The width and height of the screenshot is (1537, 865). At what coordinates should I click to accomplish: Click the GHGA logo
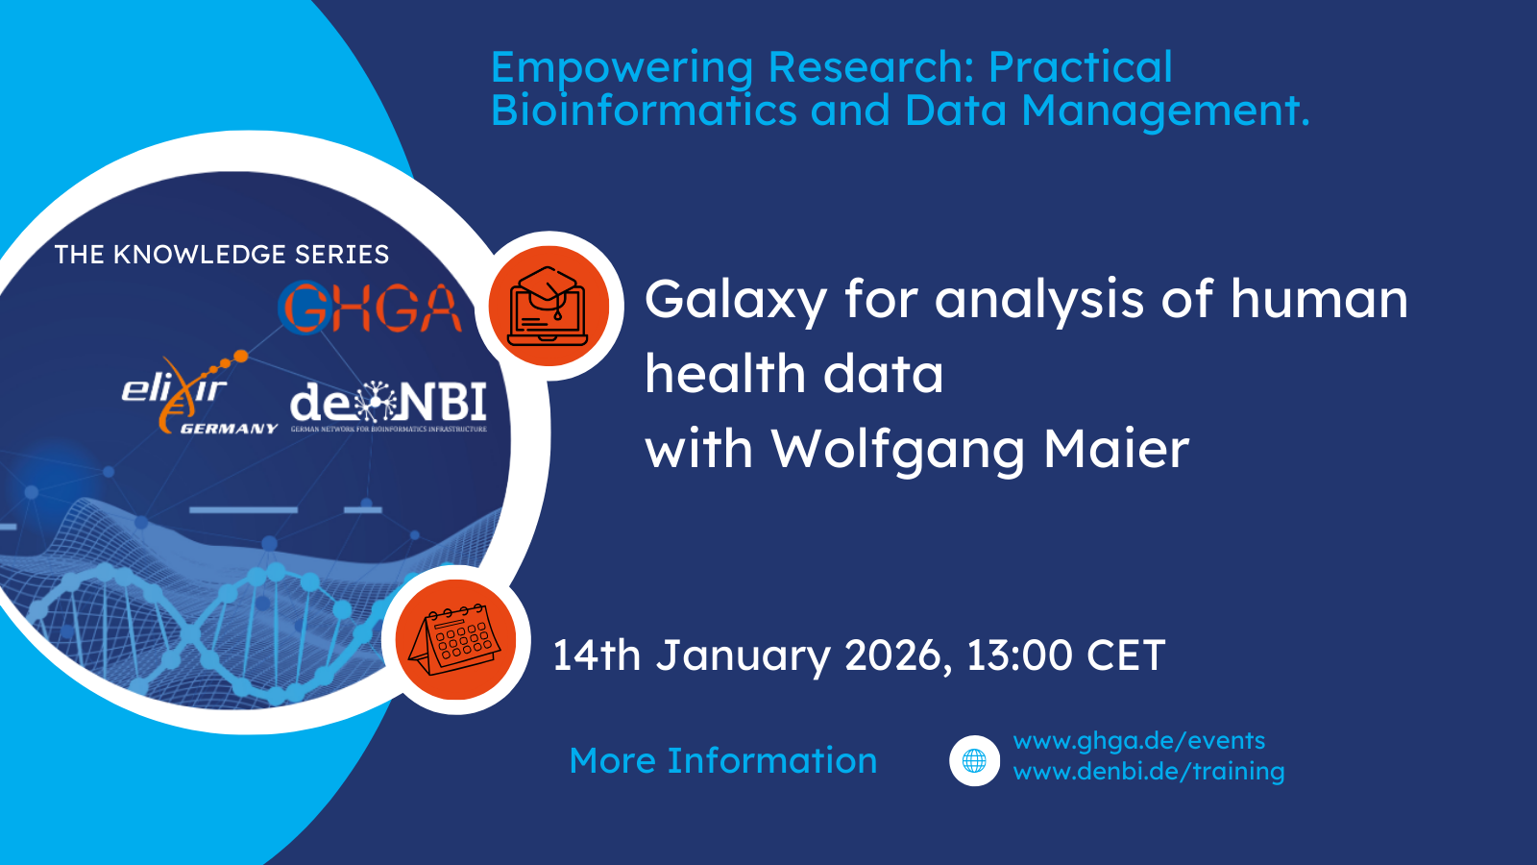coord(370,308)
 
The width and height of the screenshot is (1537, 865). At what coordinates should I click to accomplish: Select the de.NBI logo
coord(388,406)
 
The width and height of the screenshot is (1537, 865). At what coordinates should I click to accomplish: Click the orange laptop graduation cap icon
coord(549,306)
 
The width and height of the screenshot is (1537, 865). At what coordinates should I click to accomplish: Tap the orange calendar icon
coord(456,639)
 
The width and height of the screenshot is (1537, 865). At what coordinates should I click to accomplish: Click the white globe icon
coord(974,761)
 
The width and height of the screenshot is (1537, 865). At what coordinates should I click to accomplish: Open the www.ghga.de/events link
coord(1138,741)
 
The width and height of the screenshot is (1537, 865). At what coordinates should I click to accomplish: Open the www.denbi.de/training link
coord(1148,771)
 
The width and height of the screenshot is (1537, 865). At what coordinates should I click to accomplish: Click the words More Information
coord(722,760)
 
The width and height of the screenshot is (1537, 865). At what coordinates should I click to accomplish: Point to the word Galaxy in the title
coord(735,300)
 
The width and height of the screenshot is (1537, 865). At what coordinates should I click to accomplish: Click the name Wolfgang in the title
coord(897,450)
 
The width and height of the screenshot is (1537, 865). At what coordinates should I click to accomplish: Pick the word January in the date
coord(743,655)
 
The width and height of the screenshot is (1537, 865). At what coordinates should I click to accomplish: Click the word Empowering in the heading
coord(622,68)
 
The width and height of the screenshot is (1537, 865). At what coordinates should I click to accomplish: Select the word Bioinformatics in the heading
coord(644,111)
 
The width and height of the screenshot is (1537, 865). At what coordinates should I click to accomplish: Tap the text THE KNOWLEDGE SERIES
coord(222,255)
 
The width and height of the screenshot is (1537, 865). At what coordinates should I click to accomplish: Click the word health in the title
coord(724,374)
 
